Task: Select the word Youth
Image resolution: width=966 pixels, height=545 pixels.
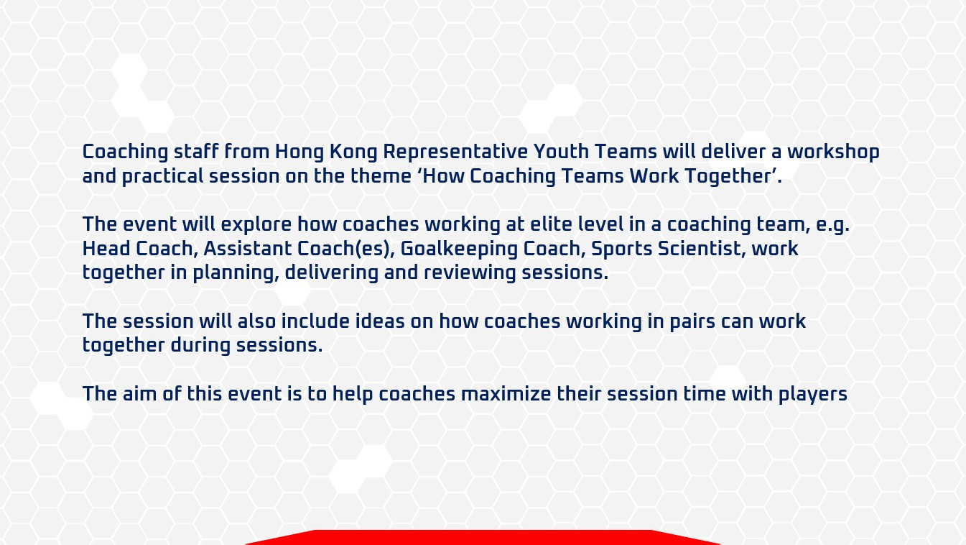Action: click(561, 152)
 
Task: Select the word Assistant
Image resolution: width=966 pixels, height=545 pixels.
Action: click(248, 248)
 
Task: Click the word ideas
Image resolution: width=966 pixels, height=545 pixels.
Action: click(380, 321)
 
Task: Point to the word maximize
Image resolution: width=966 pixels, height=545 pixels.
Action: click(506, 393)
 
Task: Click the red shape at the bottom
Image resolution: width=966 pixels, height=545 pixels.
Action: click(483, 538)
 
